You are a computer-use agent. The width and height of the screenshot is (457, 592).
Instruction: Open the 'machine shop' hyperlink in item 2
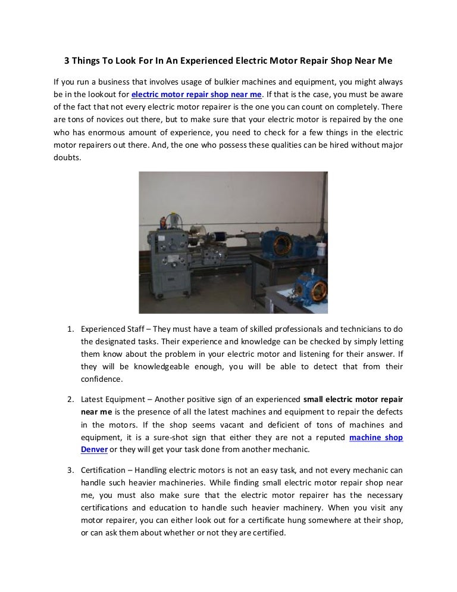375,437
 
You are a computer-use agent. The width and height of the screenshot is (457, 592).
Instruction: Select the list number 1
69,328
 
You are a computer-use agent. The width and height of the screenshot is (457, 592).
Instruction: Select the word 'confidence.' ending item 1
102,379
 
